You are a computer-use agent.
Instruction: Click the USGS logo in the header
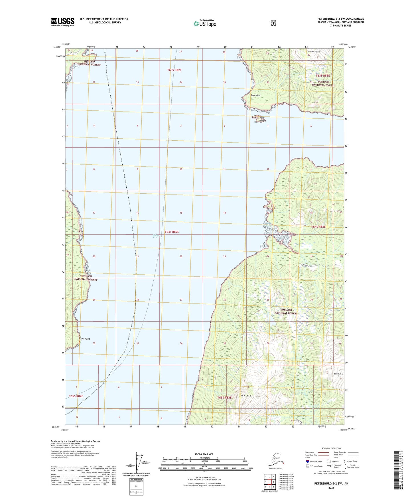[63, 22]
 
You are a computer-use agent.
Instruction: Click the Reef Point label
[255, 96]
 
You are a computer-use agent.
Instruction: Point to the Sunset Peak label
[313, 52]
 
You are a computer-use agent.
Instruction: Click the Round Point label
[84, 339]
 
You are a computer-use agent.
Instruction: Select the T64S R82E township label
[172, 232]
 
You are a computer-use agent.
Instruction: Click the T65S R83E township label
[224, 398]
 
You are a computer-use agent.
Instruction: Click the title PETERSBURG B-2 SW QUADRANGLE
[340, 19]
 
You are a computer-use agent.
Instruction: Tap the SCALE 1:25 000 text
[204, 454]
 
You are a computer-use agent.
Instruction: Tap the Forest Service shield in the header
[273, 23]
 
